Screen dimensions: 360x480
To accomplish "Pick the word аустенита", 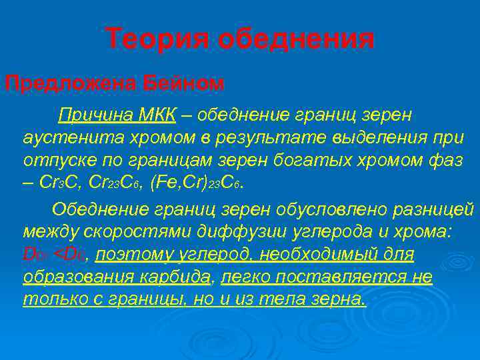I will click(x=63, y=139).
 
